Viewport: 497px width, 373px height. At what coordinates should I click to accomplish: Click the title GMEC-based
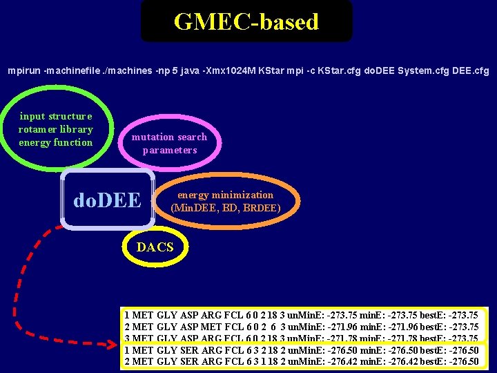pos(246,21)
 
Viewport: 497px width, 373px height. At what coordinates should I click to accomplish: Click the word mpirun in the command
pos(23,70)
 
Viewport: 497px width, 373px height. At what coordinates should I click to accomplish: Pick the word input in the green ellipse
pos(33,116)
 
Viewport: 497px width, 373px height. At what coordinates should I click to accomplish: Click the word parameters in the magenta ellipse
pos(170,150)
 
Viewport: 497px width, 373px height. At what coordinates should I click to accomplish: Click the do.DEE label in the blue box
pos(107,200)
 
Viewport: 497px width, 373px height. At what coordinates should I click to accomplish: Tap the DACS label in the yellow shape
pos(155,247)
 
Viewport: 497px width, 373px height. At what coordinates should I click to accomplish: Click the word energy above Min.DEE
pos(193,195)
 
